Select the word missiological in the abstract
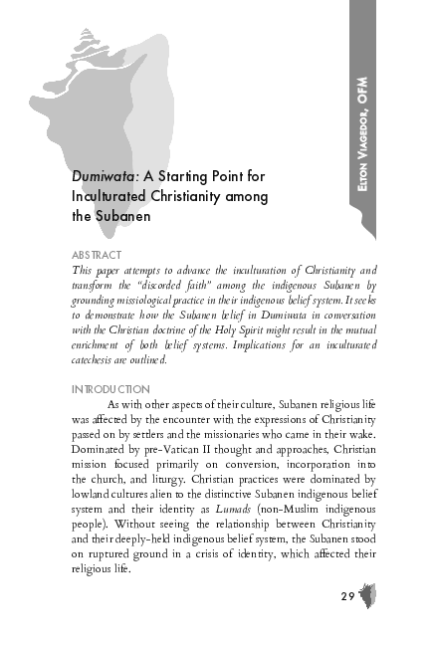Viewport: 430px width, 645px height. [160, 300]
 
